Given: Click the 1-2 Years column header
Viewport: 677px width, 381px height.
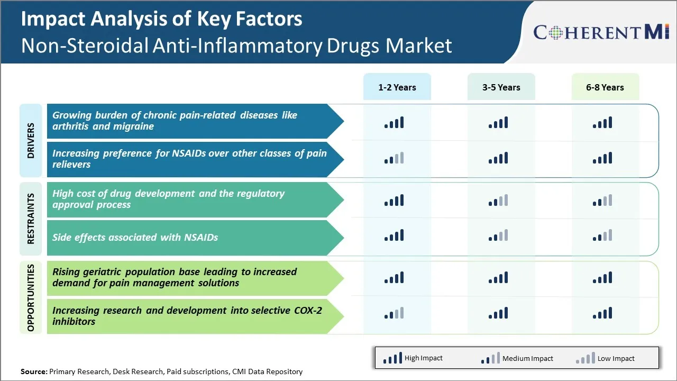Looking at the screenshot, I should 397,87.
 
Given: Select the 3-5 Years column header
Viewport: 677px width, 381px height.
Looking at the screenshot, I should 501,87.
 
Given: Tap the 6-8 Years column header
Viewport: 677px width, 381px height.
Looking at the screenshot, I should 605,87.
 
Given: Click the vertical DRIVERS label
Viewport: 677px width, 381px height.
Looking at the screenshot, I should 31,141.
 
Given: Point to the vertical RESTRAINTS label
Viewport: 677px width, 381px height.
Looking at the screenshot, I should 31,219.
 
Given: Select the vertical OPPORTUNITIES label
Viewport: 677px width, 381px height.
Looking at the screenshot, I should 31,297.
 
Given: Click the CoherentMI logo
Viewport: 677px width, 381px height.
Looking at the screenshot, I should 601,32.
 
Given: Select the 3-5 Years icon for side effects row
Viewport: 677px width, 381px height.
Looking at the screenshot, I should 498,235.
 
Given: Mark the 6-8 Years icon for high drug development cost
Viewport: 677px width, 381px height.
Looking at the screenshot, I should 602,200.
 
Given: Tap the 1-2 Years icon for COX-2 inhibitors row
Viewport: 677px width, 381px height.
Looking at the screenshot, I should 394,313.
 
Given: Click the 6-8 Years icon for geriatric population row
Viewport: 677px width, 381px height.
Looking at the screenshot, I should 602,277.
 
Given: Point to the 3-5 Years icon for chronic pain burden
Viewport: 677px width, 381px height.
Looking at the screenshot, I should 498,123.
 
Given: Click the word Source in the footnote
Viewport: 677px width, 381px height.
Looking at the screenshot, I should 33,371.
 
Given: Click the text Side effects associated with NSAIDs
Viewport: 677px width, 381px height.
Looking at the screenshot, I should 135,238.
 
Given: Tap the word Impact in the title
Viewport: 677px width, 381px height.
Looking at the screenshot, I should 52,19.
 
